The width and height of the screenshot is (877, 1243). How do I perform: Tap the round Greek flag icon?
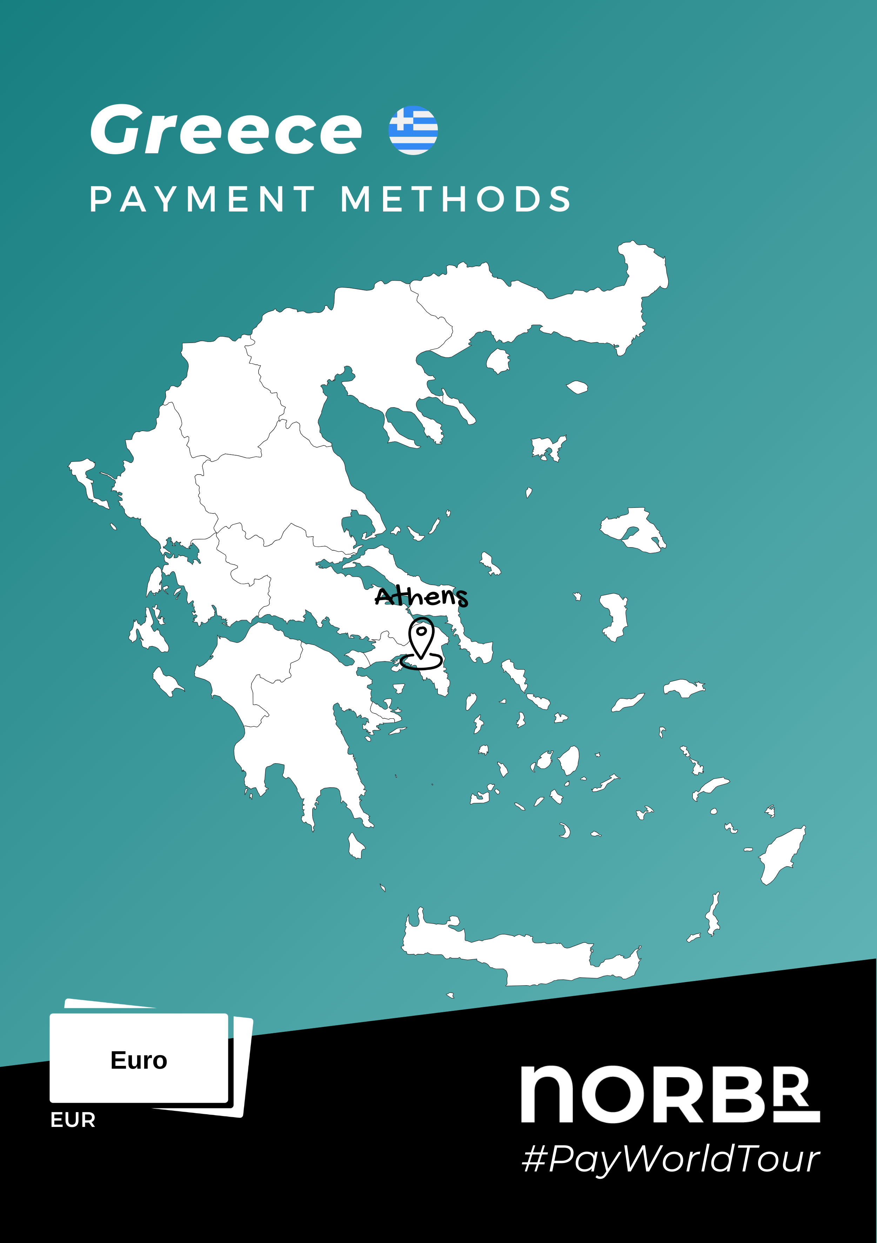pos(413,130)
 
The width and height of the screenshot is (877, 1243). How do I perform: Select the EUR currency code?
pos(73,1120)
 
